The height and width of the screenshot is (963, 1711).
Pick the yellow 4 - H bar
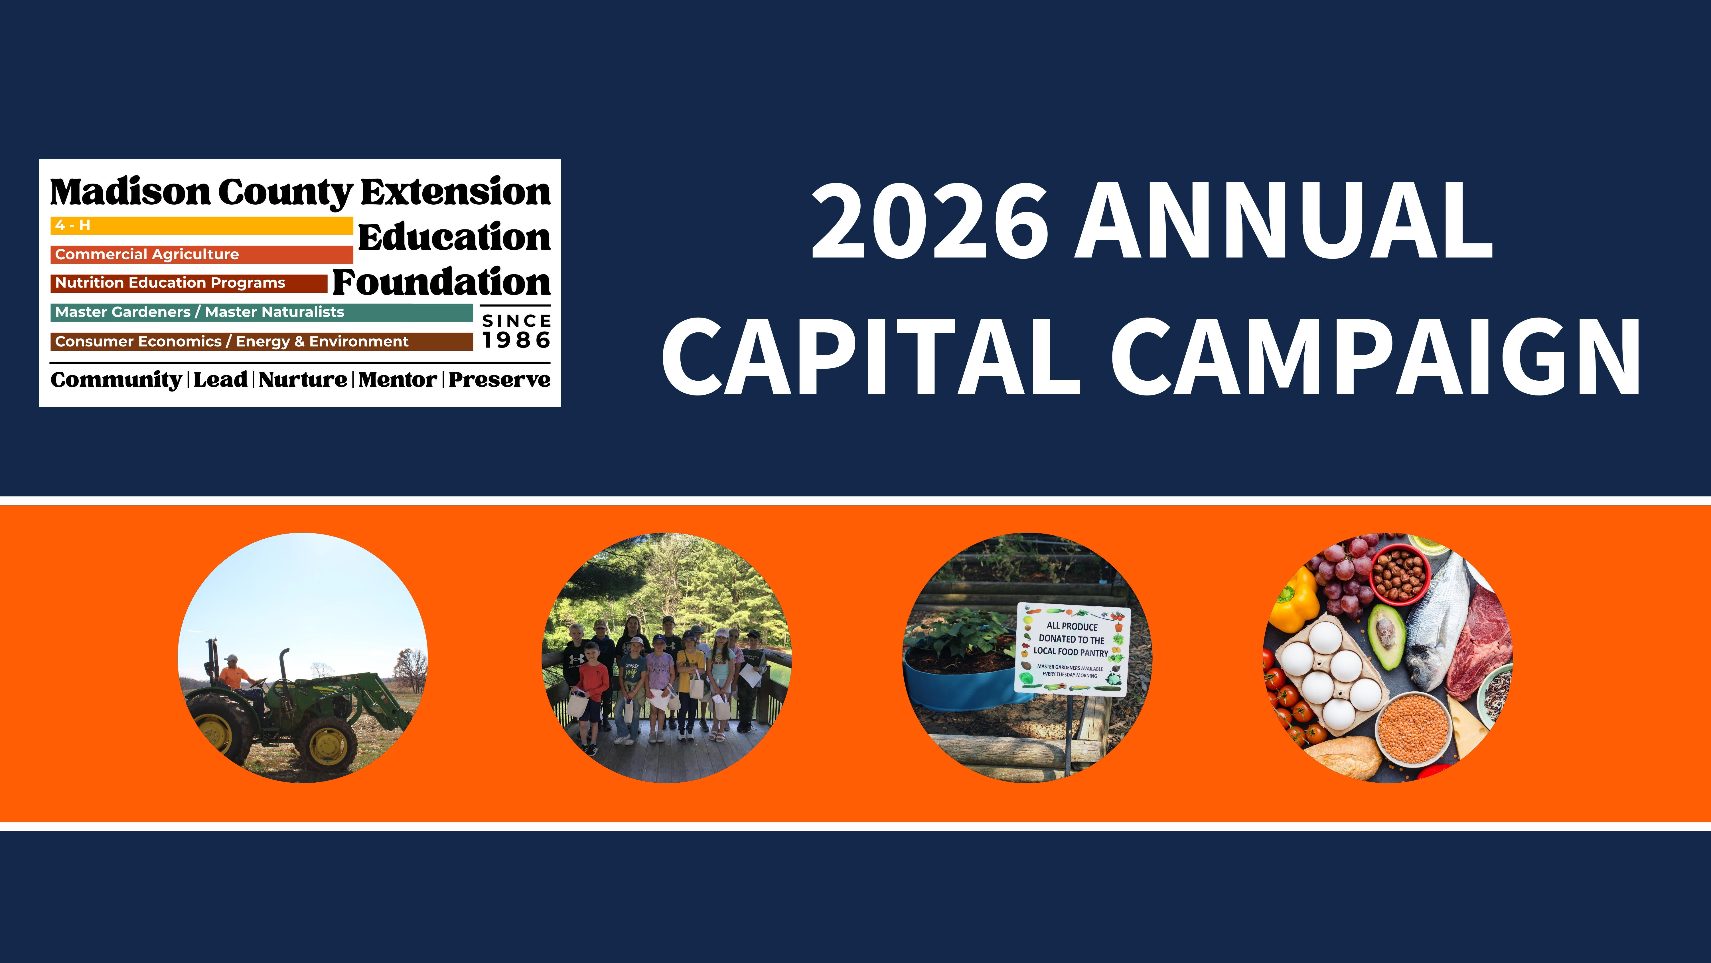click(x=201, y=225)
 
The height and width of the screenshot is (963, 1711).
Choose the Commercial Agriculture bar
click(x=201, y=255)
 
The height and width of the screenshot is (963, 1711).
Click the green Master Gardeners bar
click(x=261, y=312)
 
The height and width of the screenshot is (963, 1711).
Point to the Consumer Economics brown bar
click(x=261, y=342)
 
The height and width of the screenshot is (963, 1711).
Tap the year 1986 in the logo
click(x=516, y=340)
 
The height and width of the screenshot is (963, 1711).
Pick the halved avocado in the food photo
click(x=1386, y=635)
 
